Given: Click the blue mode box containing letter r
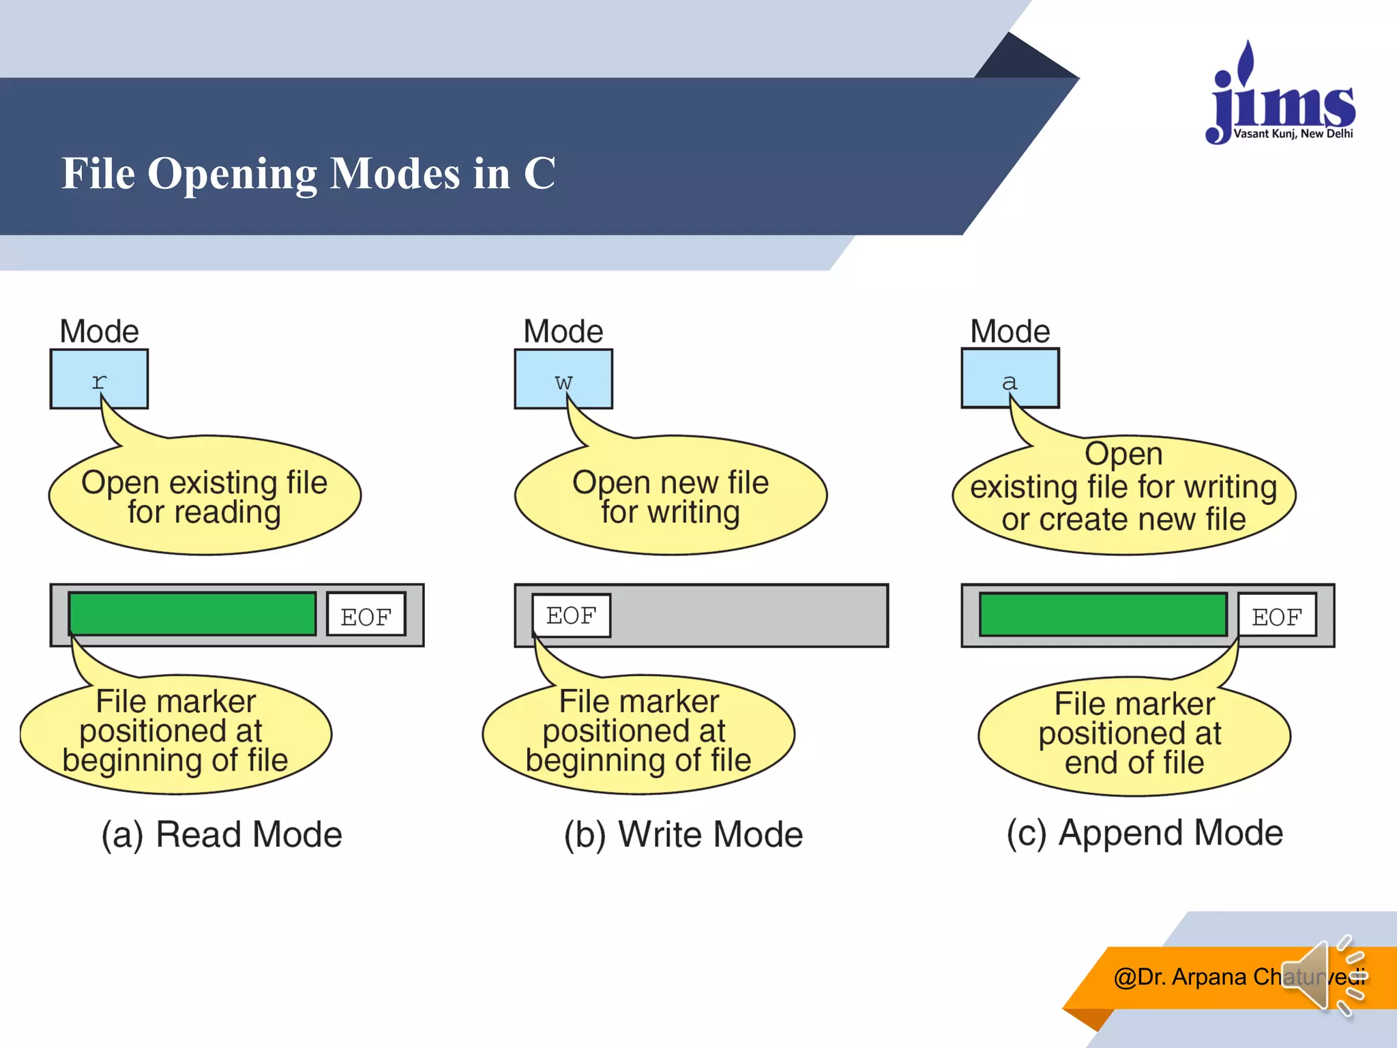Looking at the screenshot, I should pyautogui.click(x=99, y=379).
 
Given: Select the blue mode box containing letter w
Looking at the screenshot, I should pyautogui.click(x=563, y=379).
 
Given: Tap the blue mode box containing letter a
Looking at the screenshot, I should pyautogui.click(x=1010, y=378).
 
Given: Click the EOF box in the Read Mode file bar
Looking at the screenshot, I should pyautogui.click(x=366, y=615).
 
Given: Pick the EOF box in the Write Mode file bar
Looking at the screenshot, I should pyautogui.click(x=572, y=615).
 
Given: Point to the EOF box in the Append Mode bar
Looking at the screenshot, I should pyautogui.click(x=1277, y=615).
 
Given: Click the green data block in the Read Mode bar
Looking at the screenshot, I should pyautogui.click(x=192, y=614).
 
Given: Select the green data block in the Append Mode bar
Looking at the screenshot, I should pyautogui.click(x=1103, y=615).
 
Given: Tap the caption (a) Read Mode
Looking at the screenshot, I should pyautogui.click(x=222, y=834).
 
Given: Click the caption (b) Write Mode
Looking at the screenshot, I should pyautogui.click(x=683, y=834).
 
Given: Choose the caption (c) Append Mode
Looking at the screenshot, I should pyautogui.click(x=1145, y=833).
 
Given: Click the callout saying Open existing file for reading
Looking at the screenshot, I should pyautogui.click(x=205, y=497).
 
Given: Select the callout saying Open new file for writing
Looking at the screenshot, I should pyautogui.click(x=671, y=497).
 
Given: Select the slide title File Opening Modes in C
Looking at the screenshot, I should pyautogui.click(x=308, y=173).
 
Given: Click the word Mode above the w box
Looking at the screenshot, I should pyautogui.click(x=563, y=332).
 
